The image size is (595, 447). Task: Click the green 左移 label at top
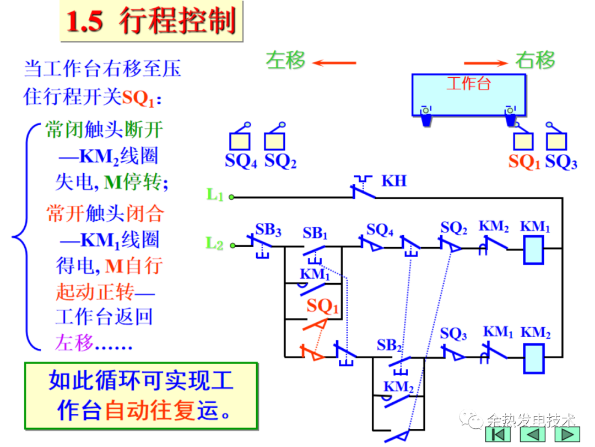coord(285,60)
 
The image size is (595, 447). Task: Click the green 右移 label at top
coord(535,60)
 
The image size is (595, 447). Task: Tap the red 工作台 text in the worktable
coord(468,84)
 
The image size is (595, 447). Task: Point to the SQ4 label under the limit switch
coord(241,162)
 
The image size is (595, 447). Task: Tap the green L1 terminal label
coord(215,194)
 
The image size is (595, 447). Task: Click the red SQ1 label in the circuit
coord(323,306)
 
